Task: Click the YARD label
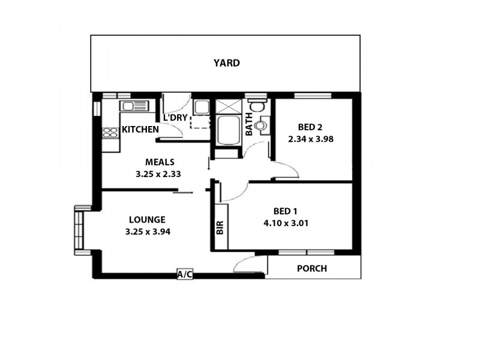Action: (227, 62)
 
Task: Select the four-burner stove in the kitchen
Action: (110, 133)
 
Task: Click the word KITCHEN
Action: (140, 130)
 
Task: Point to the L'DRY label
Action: (175, 118)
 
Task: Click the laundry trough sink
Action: (200, 107)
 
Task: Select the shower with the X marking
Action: (227, 106)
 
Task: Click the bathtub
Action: (227, 131)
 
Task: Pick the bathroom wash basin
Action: (260, 127)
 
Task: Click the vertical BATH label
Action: (248, 124)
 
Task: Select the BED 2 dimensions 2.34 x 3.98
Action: (311, 139)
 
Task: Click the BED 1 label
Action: (285, 211)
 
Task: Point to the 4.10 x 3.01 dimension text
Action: (285, 223)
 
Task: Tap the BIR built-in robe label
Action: (220, 227)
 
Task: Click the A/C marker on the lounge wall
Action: (185, 274)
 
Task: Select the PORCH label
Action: (312, 268)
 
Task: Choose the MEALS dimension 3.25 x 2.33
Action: (159, 174)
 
